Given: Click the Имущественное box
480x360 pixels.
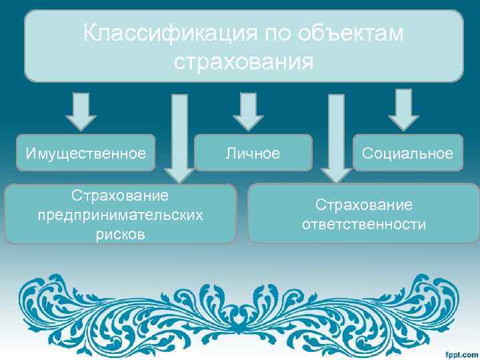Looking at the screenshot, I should pyautogui.click(x=85, y=153).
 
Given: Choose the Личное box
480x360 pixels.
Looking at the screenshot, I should pyautogui.click(x=253, y=153).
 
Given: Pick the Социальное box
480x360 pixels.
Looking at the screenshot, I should pyautogui.click(x=407, y=153).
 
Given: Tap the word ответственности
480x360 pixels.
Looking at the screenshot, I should pyautogui.click(x=363, y=224).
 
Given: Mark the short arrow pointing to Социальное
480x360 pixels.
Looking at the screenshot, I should pyautogui.click(x=403, y=110).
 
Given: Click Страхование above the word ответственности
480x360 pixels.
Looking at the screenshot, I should pyautogui.click(x=363, y=205).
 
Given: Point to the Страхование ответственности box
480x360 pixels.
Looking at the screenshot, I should pyautogui.click(x=363, y=213).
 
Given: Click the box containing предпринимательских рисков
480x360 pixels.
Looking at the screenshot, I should pyautogui.click(x=120, y=214).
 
